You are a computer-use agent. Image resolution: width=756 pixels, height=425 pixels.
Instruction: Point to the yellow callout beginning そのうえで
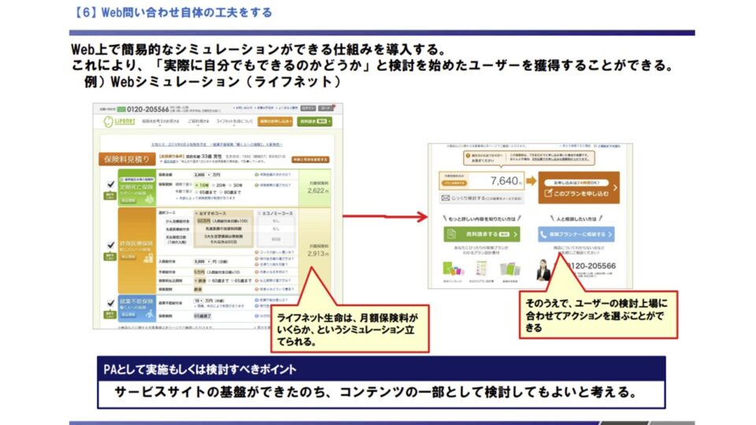596,314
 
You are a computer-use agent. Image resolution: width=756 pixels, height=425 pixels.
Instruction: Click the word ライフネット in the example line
297,83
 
